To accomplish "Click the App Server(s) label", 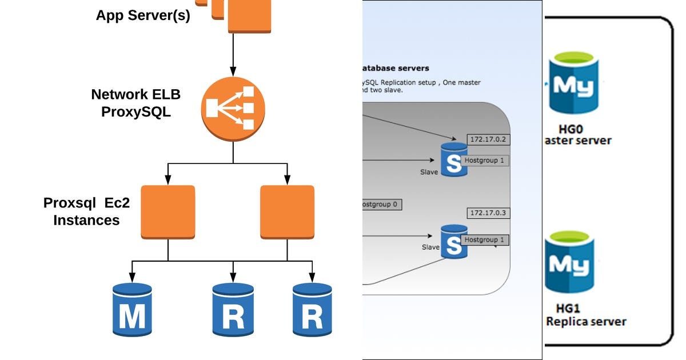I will [143, 15].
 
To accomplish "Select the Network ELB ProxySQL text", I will [136, 102].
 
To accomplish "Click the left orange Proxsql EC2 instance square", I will [167, 212].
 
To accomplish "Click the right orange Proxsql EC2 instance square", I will [287, 212].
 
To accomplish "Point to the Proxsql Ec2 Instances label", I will [87, 211].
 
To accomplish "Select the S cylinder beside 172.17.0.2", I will [453, 161].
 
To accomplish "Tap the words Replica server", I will [586, 321].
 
